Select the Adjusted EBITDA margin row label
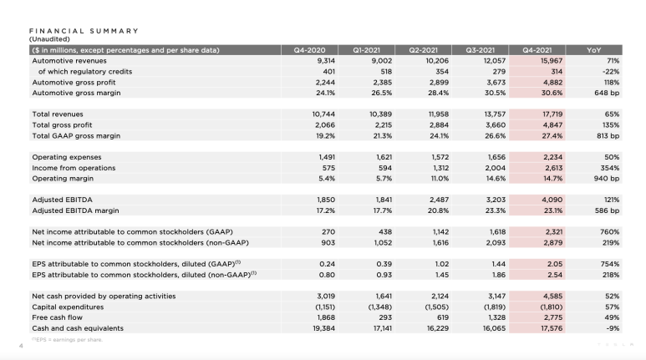[74, 211]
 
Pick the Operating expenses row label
[65, 157]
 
